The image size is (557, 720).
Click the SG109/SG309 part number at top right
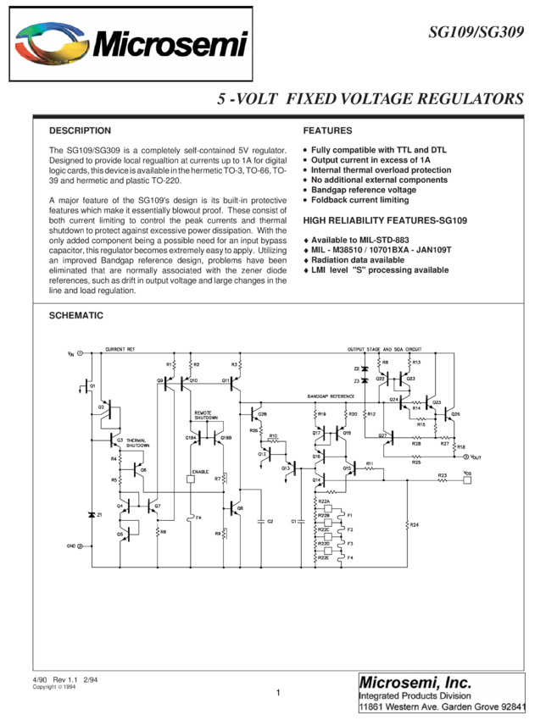(475, 33)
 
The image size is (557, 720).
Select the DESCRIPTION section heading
(80, 130)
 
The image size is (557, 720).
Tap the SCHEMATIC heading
(76, 315)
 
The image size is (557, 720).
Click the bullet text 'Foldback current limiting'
(359, 200)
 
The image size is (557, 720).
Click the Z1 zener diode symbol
(92, 515)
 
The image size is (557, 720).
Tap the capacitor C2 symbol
(262, 520)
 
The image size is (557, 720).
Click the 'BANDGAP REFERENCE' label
(331, 396)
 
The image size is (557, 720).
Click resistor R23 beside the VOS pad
(442, 480)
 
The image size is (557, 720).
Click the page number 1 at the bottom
(278, 692)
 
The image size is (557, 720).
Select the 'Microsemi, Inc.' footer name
(415, 682)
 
